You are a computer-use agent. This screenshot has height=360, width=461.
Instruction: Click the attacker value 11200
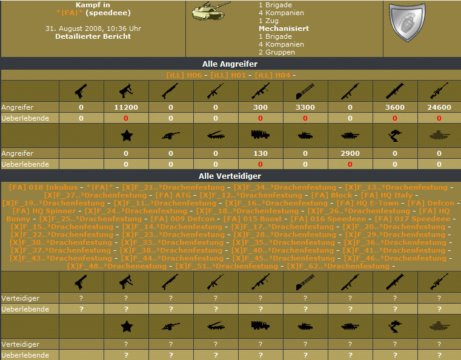[126, 107]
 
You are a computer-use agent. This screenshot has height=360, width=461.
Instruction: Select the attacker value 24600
[439, 107]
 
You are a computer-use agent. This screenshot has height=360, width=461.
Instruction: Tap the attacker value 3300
[305, 107]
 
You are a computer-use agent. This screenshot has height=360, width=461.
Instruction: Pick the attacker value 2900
[350, 153]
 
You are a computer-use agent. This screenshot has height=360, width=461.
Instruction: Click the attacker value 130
[260, 153]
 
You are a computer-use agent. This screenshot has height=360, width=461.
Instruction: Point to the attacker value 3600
[395, 107]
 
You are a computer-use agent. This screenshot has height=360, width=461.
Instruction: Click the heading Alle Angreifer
[230, 64]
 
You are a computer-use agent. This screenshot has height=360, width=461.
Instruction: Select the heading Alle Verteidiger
[230, 176]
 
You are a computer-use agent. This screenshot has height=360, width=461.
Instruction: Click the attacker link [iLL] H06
[184, 75]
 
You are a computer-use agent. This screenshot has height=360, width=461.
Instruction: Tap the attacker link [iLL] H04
[273, 75]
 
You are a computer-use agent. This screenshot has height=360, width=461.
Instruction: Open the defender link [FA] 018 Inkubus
[43, 187]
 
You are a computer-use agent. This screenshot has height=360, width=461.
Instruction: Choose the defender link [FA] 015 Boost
[253, 219]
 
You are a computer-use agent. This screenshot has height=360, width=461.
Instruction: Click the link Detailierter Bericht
[93, 36]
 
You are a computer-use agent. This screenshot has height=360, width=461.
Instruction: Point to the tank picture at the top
[210, 11]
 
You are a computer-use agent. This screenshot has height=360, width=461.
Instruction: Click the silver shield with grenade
[407, 22]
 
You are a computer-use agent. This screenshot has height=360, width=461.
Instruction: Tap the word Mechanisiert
[284, 28]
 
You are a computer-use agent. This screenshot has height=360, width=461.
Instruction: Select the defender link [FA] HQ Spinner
[44, 211]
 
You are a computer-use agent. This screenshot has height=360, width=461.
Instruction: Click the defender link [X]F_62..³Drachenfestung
[338, 267]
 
